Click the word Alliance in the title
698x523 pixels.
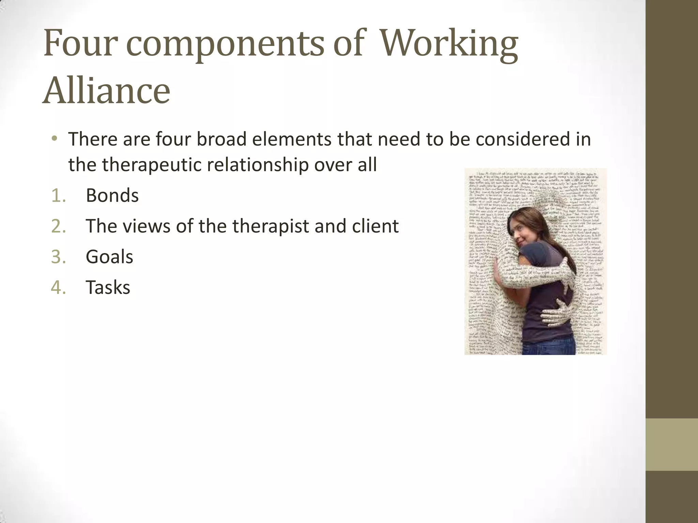[106, 91]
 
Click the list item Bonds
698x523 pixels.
[112, 195]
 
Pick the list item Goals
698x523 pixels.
[109, 257]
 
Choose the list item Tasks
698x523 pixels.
[108, 287]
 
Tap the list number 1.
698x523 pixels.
[58, 196]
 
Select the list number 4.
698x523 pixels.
[58, 288]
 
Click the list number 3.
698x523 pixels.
[58, 257]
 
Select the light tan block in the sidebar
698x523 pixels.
[671, 444]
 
